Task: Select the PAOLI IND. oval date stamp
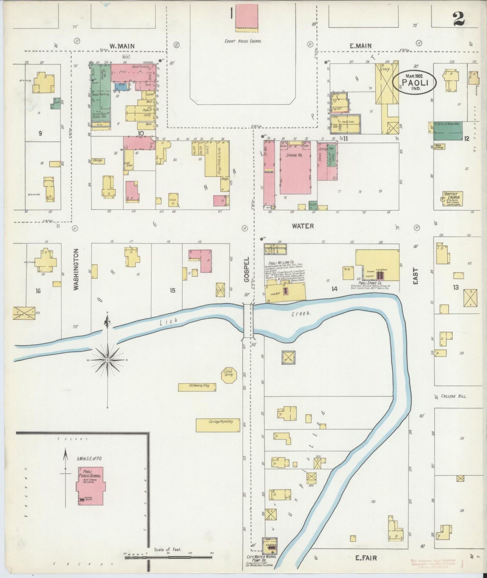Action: (x=416, y=82)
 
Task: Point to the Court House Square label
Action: (x=243, y=41)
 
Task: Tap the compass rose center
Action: (x=108, y=360)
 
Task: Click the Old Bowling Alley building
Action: (x=197, y=387)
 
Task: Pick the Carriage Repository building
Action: (x=218, y=425)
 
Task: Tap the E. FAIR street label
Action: (x=366, y=558)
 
